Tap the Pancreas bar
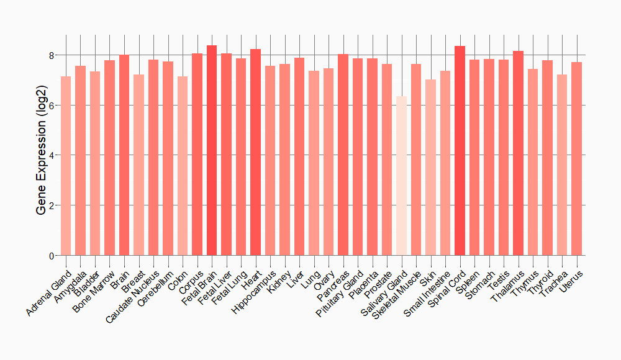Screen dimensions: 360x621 pos(343,155)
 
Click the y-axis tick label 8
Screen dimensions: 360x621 pos(51,55)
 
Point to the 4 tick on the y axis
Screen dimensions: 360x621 pos(51,155)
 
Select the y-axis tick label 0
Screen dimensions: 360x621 pos(51,256)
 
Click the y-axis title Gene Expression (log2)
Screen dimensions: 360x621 pos(42,155)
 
